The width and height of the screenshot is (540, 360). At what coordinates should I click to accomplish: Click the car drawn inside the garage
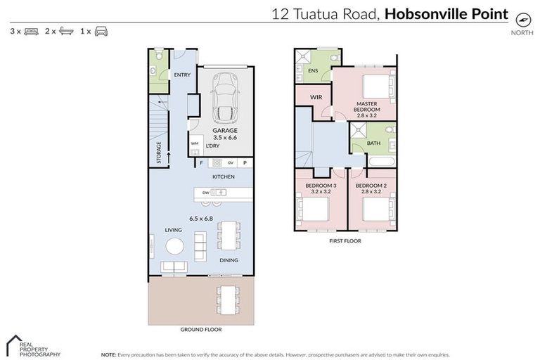(225, 98)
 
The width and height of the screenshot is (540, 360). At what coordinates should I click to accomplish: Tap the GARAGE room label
(225, 130)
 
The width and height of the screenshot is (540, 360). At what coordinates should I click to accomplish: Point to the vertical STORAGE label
(159, 153)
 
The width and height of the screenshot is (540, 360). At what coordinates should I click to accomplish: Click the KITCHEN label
(223, 176)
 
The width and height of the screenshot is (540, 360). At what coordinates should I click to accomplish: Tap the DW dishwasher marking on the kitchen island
(205, 192)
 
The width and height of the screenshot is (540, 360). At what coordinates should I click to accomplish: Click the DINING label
(228, 260)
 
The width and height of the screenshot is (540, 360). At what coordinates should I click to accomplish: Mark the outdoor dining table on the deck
(227, 300)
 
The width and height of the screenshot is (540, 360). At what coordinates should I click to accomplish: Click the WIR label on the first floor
(316, 96)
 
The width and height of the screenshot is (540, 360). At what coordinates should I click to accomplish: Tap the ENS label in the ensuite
(314, 70)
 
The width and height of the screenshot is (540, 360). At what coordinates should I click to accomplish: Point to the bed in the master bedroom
(372, 88)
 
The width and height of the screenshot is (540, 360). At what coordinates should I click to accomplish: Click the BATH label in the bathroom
(373, 143)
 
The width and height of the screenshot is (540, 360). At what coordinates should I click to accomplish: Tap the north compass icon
(521, 19)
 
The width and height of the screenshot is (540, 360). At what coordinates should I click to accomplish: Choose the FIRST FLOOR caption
(345, 240)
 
